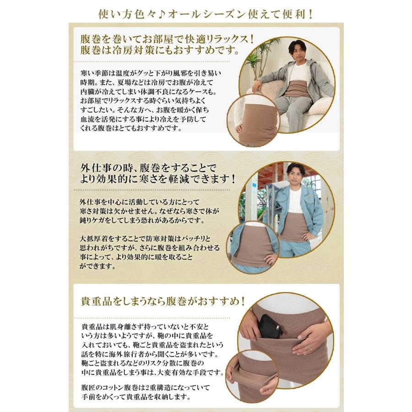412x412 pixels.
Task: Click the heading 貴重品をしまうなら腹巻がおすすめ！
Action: point(163,301)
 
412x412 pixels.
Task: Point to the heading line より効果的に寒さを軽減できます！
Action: point(157,179)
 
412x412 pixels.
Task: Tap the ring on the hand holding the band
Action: point(311,350)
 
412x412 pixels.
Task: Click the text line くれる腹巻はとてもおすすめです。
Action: point(131,129)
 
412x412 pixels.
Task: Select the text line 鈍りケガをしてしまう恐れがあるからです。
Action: point(142,220)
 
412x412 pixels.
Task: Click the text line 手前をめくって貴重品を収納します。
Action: point(136,397)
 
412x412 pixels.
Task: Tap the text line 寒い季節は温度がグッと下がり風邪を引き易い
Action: point(151,73)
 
